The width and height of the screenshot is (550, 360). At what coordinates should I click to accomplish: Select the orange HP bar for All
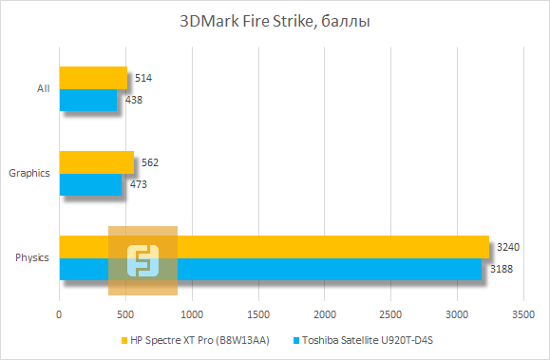(x=93, y=78)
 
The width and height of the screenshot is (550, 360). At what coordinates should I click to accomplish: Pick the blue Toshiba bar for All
(x=88, y=100)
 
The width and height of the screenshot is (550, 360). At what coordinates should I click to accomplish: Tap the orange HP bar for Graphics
(x=97, y=162)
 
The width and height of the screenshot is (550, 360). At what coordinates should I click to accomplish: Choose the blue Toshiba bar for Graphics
(x=90, y=184)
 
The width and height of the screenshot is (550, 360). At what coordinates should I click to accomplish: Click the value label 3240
(x=508, y=247)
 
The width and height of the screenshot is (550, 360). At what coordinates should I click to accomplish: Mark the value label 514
(x=144, y=78)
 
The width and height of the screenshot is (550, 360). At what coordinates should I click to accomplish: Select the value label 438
(x=134, y=100)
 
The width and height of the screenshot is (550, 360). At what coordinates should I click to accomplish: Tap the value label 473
(x=139, y=184)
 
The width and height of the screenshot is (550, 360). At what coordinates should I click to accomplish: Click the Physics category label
(x=32, y=257)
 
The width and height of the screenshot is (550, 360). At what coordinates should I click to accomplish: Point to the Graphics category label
(x=28, y=173)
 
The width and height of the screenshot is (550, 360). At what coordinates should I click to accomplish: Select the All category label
(x=42, y=89)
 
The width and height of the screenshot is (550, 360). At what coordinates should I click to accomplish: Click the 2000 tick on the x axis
(x=325, y=313)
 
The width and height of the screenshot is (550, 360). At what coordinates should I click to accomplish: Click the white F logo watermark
(x=143, y=259)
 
